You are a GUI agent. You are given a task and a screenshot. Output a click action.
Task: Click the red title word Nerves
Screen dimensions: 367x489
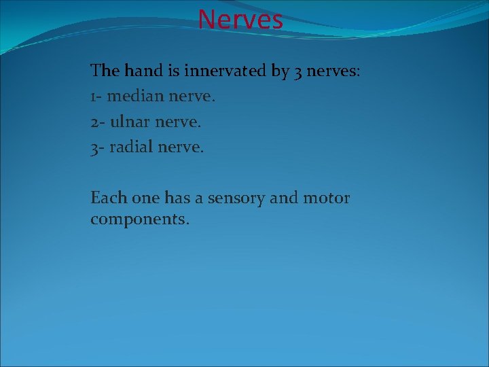(240, 19)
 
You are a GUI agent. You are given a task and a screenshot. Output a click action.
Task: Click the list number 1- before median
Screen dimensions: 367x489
(97, 97)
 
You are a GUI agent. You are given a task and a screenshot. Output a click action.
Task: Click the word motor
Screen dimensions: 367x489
(326, 198)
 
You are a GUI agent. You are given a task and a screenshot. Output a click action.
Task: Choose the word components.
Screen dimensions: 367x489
(140, 220)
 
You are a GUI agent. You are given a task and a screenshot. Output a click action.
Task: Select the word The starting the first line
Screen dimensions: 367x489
(105, 70)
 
